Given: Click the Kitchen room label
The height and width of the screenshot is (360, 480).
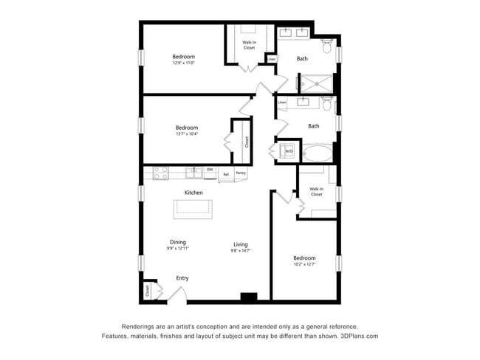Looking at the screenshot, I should [193, 193].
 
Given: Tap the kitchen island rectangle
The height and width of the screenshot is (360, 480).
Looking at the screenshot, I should [193, 210].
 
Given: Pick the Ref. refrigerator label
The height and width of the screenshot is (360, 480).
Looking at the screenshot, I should [226, 174].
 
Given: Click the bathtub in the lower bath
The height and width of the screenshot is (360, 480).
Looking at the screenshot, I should [318, 154].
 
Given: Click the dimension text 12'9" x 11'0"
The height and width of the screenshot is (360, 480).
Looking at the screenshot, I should [184, 63].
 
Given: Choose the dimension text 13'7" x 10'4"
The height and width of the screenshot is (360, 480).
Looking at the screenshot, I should [187, 134].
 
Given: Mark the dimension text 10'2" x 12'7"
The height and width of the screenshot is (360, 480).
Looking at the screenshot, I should [304, 264].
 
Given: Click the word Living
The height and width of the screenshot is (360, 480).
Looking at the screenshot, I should [241, 244].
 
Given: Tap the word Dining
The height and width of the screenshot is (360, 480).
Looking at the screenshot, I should [177, 241].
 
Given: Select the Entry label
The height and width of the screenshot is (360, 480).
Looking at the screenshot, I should [182, 278].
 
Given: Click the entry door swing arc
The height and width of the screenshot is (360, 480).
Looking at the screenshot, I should [177, 293].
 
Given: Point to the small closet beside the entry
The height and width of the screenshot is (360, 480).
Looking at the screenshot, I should [148, 291].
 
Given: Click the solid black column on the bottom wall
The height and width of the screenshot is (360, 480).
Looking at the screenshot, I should [248, 297].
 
